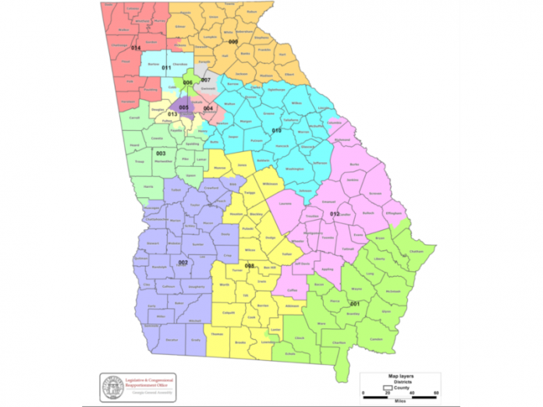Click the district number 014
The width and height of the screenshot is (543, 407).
(136, 48)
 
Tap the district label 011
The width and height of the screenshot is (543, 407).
(166, 68)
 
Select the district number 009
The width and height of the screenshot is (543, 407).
(232, 41)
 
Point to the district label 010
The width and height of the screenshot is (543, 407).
(276, 130)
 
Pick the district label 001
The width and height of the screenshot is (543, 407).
(354, 302)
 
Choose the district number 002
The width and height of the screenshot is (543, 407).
(184, 263)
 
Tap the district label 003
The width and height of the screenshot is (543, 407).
(161, 153)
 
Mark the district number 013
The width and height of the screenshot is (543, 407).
(171, 115)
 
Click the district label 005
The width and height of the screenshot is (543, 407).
(183, 108)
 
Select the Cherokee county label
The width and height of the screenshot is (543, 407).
(179, 64)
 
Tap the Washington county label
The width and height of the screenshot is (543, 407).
(294, 168)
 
